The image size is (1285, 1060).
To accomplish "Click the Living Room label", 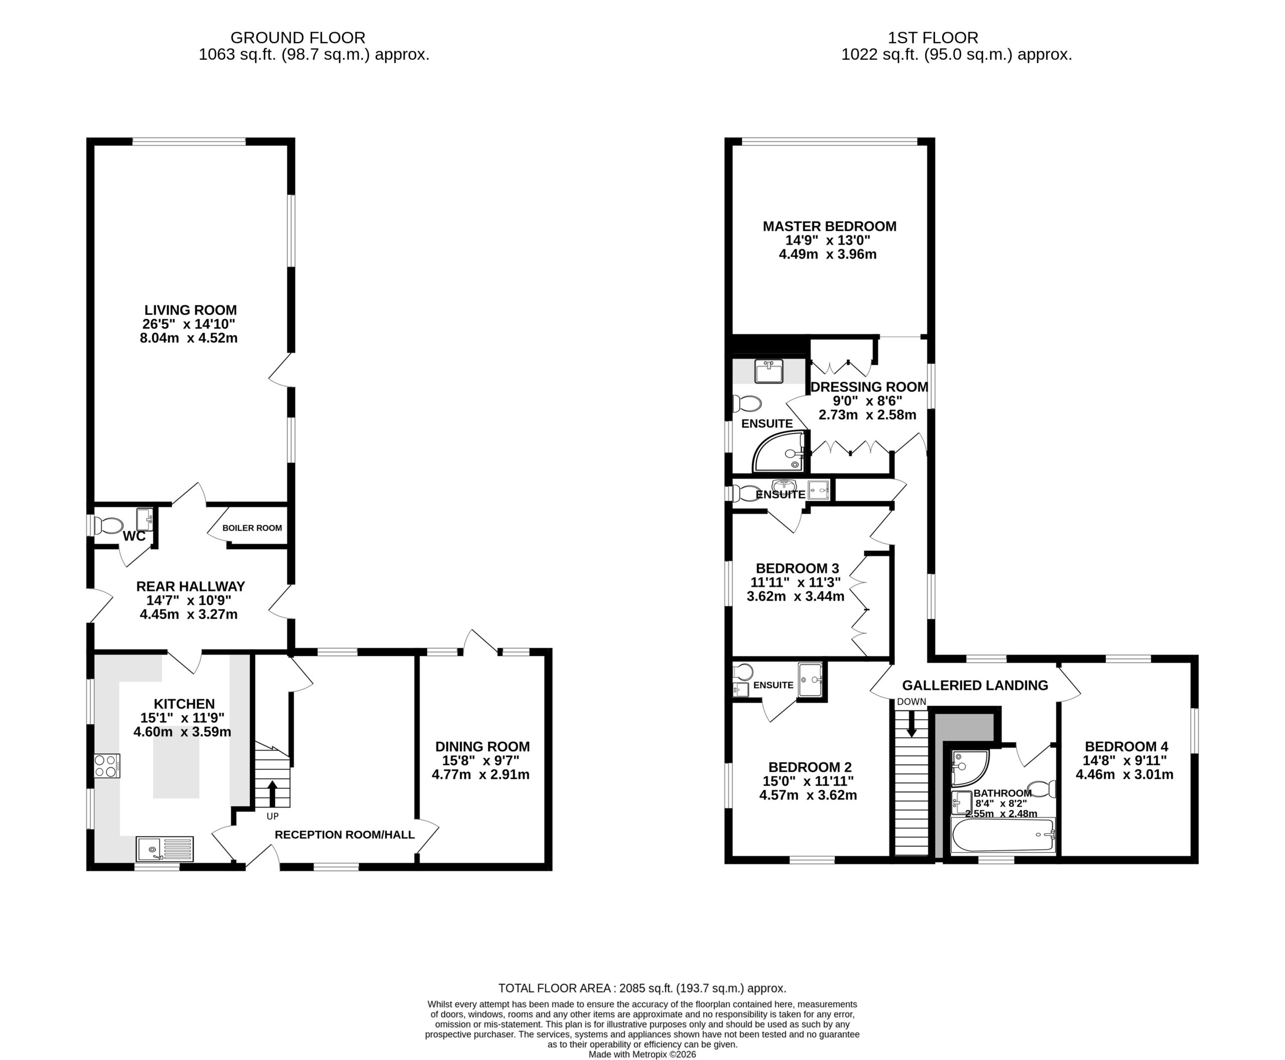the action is [190, 310].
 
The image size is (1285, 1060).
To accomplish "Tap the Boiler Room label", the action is [252, 528].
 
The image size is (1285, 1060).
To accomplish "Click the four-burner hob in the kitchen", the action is [107, 766].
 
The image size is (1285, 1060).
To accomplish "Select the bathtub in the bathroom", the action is [1003, 835].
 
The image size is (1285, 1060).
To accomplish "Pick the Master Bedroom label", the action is [830, 226].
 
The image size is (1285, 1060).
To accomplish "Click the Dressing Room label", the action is [869, 387].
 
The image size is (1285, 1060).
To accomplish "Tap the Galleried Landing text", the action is [975, 685].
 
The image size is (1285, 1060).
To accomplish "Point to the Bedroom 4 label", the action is [1126, 746].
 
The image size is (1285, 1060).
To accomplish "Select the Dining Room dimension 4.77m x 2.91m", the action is [480, 775].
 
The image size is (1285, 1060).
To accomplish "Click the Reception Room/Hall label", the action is [344, 835].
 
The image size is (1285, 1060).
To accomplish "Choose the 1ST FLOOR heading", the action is [933, 38].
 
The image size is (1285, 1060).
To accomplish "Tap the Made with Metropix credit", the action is [642, 1054].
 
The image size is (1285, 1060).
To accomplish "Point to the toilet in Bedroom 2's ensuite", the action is [743, 672].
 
